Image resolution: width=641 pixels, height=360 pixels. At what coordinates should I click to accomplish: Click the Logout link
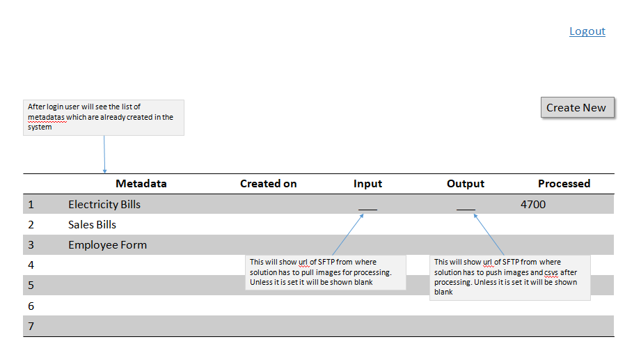(x=587, y=31)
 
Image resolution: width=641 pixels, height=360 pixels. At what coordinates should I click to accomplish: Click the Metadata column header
(x=141, y=184)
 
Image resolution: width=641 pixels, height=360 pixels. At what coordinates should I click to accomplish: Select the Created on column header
(x=268, y=184)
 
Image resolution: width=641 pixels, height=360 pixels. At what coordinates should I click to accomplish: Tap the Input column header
(x=367, y=184)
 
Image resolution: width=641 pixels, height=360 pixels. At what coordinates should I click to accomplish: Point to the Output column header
(x=465, y=184)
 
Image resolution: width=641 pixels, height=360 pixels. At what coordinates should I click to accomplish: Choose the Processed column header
(x=564, y=184)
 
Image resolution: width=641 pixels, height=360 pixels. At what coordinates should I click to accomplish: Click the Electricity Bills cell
(x=104, y=205)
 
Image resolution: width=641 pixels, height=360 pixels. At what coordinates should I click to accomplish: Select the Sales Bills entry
(x=92, y=225)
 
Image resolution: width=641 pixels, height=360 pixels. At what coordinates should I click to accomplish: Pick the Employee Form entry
(x=107, y=245)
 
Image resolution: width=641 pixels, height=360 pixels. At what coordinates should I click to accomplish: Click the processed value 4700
(x=533, y=205)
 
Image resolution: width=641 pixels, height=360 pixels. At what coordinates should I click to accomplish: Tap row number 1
(x=31, y=205)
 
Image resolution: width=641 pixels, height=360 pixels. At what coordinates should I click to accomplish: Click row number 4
(x=31, y=265)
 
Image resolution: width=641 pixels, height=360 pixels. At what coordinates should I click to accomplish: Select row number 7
(x=31, y=327)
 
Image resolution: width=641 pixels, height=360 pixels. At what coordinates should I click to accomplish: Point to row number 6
(x=31, y=306)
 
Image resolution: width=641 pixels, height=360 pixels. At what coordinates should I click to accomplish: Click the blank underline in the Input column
(x=367, y=210)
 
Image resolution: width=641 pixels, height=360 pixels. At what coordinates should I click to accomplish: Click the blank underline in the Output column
(x=466, y=210)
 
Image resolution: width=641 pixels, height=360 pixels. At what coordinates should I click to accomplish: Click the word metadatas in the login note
(x=46, y=118)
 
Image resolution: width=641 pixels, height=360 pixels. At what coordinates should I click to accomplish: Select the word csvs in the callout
(x=551, y=272)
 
